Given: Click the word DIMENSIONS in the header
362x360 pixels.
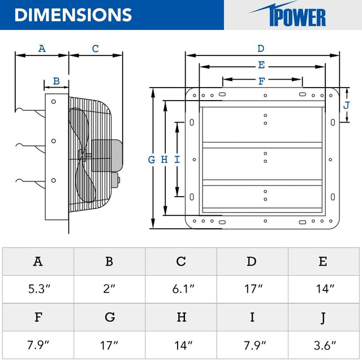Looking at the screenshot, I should pos(73,15).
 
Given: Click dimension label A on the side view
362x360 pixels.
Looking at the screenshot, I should pos(41,49).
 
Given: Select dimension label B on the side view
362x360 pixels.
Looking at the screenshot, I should pos(56,81).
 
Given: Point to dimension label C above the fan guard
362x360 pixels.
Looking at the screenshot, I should pos(95,49).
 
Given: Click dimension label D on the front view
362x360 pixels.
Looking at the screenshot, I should pos(261,49).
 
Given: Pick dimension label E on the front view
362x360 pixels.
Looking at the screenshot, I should pos(261,65).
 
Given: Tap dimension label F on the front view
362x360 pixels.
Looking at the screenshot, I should pos(261,81).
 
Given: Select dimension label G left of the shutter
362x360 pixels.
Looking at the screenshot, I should pos(152,160).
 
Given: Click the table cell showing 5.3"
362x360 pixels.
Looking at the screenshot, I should pos(38,289).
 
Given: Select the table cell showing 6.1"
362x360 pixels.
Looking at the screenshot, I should pos(181,289).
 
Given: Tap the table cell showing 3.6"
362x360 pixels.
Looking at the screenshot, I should pos(324,344).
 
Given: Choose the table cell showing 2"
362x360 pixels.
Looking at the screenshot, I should pos(109,289).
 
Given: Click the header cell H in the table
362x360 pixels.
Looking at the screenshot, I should pos(181,316).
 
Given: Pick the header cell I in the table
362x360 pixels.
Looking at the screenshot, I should pos(252,316).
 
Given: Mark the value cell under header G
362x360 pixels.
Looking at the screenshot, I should pos(109,344).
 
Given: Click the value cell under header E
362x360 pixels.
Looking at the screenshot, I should pos(324,289).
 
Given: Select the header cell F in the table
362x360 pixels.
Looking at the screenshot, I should pos(38,316).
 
